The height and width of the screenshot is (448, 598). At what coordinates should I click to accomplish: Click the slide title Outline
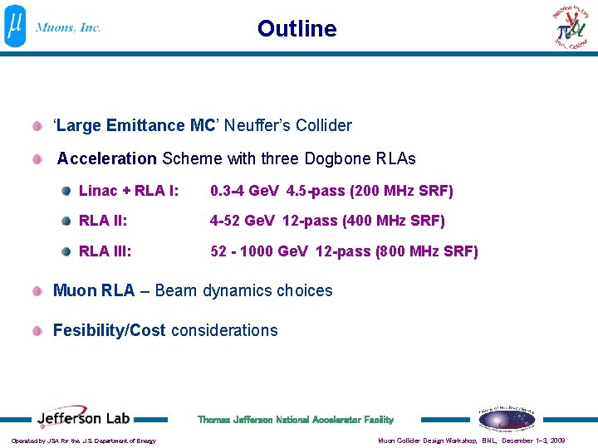(x=297, y=29)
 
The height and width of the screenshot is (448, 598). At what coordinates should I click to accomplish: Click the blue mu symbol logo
(x=16, y=27)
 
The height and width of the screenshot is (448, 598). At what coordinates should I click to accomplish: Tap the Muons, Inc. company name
(x=68, y=27)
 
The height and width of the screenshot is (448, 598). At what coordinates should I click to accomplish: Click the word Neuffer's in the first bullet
(x=253, y=126)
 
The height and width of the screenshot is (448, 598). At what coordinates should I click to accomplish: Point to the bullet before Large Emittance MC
(x=38, y=126)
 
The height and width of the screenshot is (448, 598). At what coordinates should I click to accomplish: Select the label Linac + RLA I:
(x=129, y=192)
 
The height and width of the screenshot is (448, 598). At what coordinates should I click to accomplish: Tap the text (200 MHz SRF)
(x=402, y=192)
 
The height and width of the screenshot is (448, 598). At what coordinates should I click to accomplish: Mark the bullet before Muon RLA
(x=38, y=291)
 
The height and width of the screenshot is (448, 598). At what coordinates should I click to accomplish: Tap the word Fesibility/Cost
(x=110, y=331)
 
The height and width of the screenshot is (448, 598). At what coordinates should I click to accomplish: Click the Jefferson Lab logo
(x=84, y=419)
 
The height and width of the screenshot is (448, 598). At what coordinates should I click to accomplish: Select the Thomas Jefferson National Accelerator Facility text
(x=296, y=420)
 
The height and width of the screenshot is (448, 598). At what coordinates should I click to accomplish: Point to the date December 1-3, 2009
(x=533, y=441)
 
